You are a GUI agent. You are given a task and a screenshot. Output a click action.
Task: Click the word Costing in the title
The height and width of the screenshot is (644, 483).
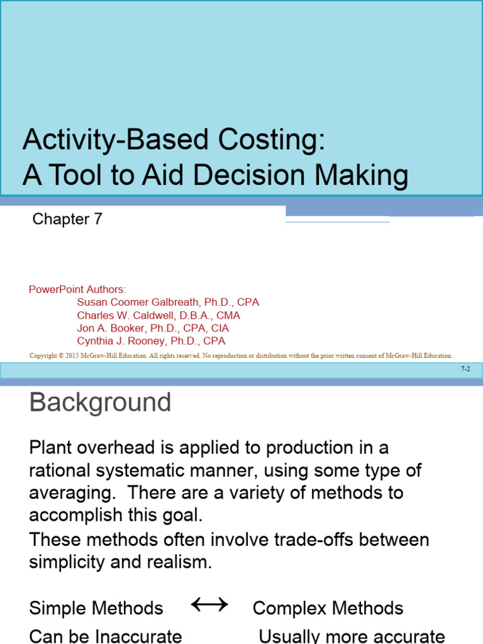(272, 140)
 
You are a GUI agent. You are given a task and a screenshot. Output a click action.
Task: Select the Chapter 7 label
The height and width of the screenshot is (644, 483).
(67, 219)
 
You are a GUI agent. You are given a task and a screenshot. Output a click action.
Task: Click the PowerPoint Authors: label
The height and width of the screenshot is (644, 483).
(77, 289)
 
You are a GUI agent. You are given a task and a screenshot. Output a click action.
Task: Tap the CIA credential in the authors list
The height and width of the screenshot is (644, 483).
(219, 328)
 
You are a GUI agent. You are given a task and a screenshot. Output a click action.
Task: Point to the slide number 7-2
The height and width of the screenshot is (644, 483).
(465, 370)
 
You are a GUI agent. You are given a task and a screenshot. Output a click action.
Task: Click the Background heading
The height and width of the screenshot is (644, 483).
(100, 402)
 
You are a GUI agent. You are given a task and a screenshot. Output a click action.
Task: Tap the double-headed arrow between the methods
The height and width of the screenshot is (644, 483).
(209, 606)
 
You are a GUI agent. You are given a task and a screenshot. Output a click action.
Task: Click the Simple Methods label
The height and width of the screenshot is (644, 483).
(96, 608)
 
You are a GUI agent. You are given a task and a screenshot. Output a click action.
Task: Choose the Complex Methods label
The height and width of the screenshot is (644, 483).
(328, 608)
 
